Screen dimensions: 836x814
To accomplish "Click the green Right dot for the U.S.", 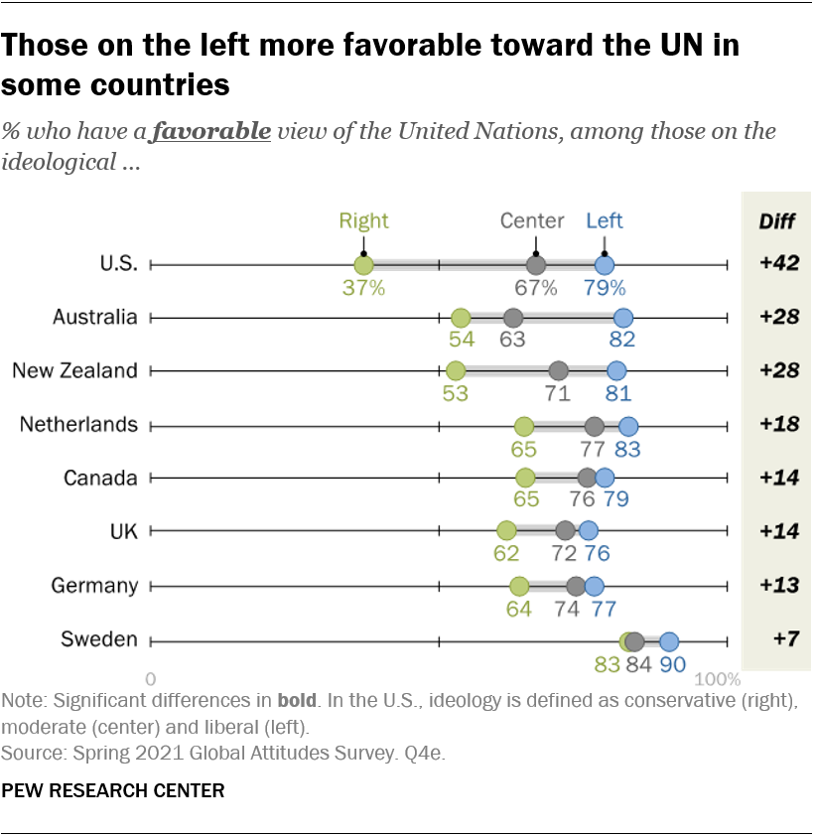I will pyautogui.click(x=363, y=265).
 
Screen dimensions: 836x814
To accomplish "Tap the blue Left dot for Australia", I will pyautogui.click(x=622, y=318).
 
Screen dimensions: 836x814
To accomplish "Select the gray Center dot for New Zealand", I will pyautogui.click(x=558, y=371).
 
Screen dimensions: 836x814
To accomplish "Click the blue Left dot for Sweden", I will pyautogui.click(x=669, y=640).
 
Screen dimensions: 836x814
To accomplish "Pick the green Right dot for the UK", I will pyautogui.click(x=506, y=531).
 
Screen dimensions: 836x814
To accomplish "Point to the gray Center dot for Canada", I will pyautogui.click(x=587, y=478).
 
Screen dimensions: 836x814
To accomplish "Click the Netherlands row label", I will pyautogui.click(x=78, y=424).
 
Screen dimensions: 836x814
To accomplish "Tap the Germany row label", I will pyautogui.click(x=94, y=585).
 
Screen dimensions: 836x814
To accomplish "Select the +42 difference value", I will pyautogui.click(x=778, y=264).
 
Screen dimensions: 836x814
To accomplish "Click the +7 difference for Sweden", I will pyautogui.click(x=778, y=639).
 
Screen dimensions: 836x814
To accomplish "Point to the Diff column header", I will pyautogui.click(x=777, y=221).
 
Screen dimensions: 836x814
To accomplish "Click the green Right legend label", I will pyautogui.click(x=363, y=220).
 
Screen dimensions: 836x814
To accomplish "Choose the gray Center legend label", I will pyautogui.click(x=532, y=220).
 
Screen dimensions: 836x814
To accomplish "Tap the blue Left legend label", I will pyautogui.click(x=605, y=220).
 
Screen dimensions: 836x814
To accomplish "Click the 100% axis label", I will pyautogui.click(x=718, y=680).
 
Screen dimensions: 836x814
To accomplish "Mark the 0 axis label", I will pyautogui.click(x=151, y=680).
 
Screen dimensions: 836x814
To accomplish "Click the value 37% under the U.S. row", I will pyautogui.click(x=363, y=288).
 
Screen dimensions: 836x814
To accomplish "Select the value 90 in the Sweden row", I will pyautogui.click(x=673, y=664).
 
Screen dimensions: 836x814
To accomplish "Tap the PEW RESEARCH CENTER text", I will pyautogui.click(x=113, y=791).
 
